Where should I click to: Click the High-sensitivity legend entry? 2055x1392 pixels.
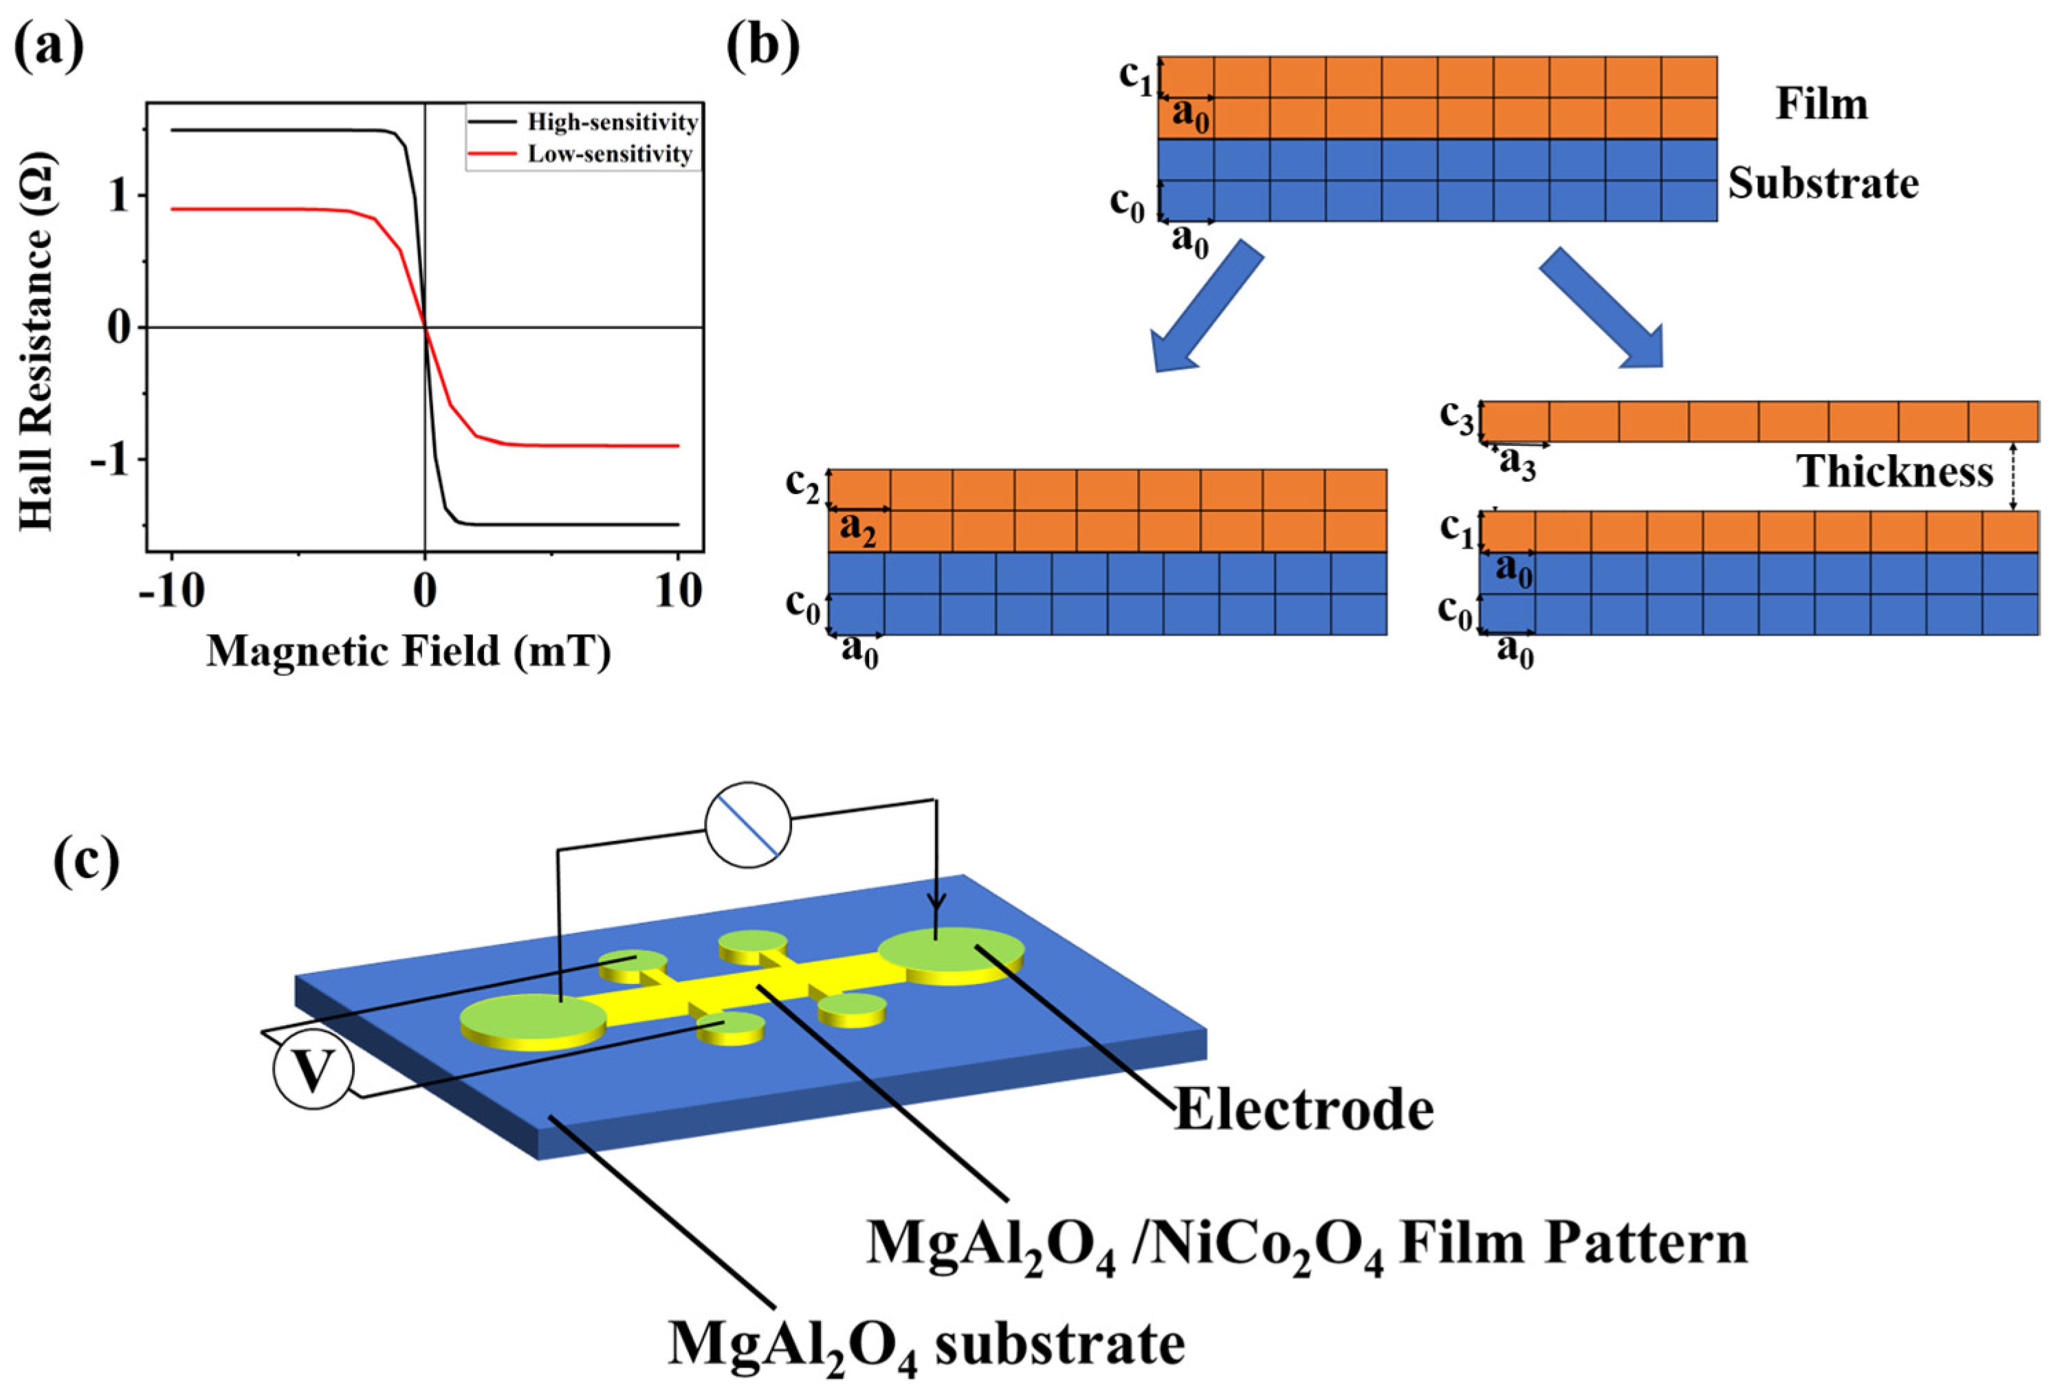612,122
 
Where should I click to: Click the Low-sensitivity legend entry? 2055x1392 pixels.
609,154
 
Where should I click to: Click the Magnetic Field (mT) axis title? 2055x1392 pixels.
408,652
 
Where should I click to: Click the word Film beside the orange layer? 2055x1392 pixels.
1821,104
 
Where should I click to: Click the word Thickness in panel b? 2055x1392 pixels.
1894,471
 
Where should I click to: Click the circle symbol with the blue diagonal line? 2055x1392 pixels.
748,824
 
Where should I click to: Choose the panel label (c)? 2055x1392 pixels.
86,862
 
